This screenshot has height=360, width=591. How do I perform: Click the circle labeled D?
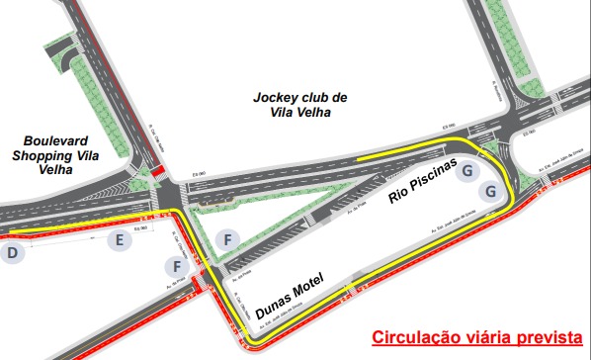point(12,253)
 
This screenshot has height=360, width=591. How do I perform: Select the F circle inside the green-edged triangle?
point(227,239)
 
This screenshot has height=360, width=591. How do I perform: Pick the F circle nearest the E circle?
point(178,266)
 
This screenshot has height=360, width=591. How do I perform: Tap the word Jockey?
point(275,98)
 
